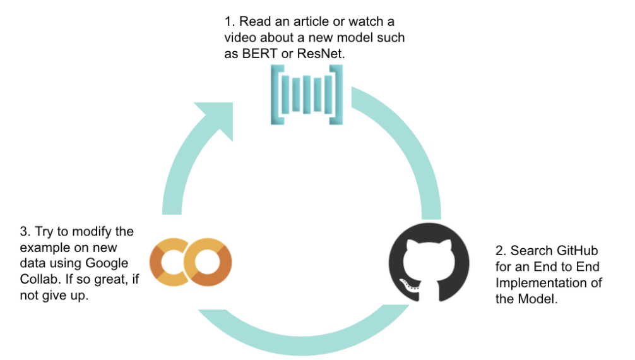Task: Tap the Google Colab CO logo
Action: pyautogui.click(x=191, y=261)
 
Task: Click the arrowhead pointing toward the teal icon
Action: pyautogui.click(x=213, y=120)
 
